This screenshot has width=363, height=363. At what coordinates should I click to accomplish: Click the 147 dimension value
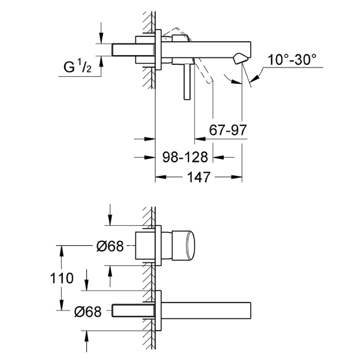199,177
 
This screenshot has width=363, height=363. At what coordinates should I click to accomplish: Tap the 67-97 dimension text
228,130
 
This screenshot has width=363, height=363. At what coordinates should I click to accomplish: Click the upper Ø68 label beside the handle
110,246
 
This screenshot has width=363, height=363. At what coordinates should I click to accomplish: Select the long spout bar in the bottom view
205,310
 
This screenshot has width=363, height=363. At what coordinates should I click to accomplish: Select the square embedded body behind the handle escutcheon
144,245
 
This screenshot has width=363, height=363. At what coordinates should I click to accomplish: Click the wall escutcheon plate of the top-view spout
158,49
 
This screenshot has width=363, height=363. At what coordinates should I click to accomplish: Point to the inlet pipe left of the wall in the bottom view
133,310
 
